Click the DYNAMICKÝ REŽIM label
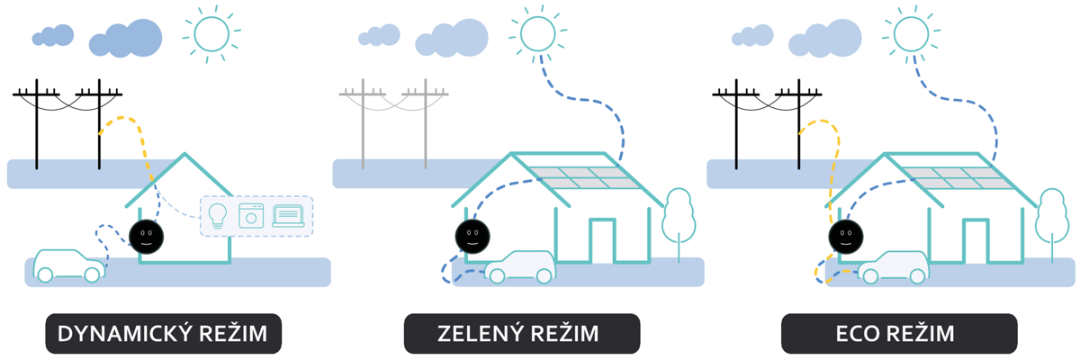pos(163,334)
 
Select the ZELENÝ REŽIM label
pos(522,334)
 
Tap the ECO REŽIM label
pos(899,334)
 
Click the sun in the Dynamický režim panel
pos(211,34)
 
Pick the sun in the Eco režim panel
pos(911,34)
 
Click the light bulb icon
pos(218,215)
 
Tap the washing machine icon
pos(251,216)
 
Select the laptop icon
pos(288,215)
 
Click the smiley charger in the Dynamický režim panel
pos(147,236)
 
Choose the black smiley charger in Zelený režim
pos(472,236)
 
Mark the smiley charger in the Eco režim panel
pos(845,236)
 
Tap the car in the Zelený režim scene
pos(519,266)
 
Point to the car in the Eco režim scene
pos(893,266)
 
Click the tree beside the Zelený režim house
pos(679,216)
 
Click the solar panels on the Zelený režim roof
pos(577,177)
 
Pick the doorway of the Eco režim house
pos(976,241)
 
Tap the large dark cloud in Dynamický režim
pos(126,39)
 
